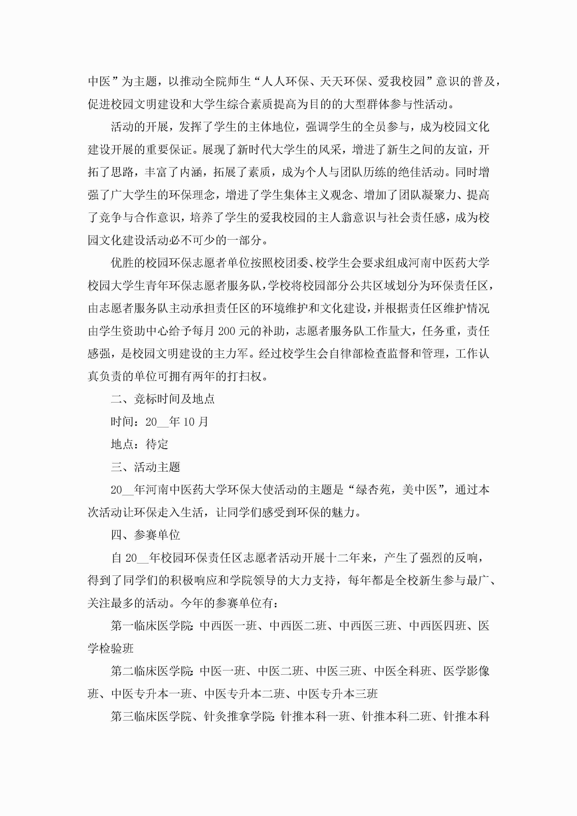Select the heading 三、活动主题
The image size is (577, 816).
point(145,467)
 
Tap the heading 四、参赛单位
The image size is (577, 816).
point(145,535)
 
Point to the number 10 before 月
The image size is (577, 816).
point(189,422)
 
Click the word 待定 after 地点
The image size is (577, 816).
point(157,444)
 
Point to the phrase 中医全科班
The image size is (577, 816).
point(403,671)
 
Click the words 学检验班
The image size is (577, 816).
point(111,648)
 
